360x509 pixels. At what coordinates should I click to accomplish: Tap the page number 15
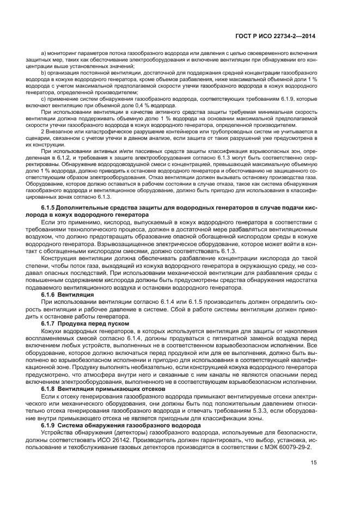tap(313, 463)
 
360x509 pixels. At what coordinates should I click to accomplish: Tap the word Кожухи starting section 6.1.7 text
tap(53, 332)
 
